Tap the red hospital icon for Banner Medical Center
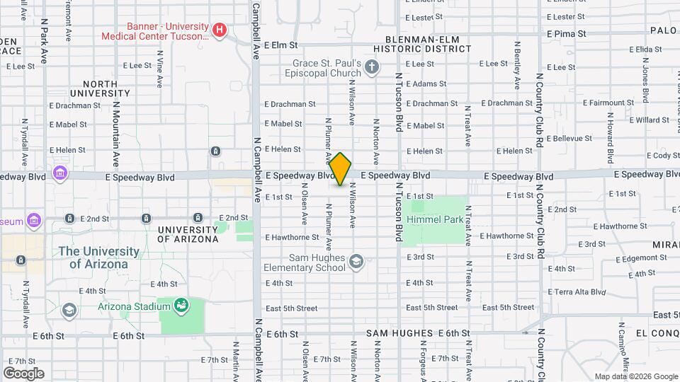[x=220, y=30]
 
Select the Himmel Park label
[x=435, y=219]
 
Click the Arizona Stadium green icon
[x=181, y=305]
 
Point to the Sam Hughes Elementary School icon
[x=356, y=262]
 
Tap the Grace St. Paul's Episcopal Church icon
[x=373, y=68]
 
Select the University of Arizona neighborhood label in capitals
[x=188, y=234]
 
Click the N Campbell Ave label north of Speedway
[x=256, y=35]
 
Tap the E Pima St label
[x=567, y=33]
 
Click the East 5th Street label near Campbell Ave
[x=291, y=308]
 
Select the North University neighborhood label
[x=100, y=88]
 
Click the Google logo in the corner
[x=23, y=373]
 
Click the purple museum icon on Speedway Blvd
[x=59, y=173]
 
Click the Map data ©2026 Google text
[x=635, y=376]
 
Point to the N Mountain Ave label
[x=115, y=131]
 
